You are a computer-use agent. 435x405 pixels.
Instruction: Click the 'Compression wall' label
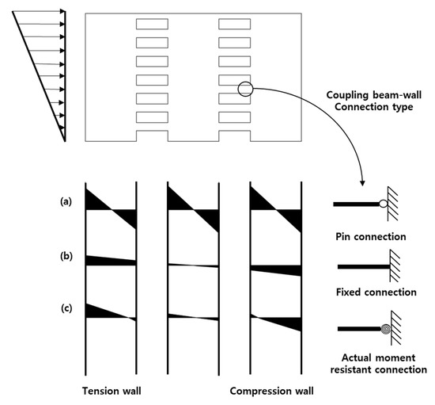tap(270, 391)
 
